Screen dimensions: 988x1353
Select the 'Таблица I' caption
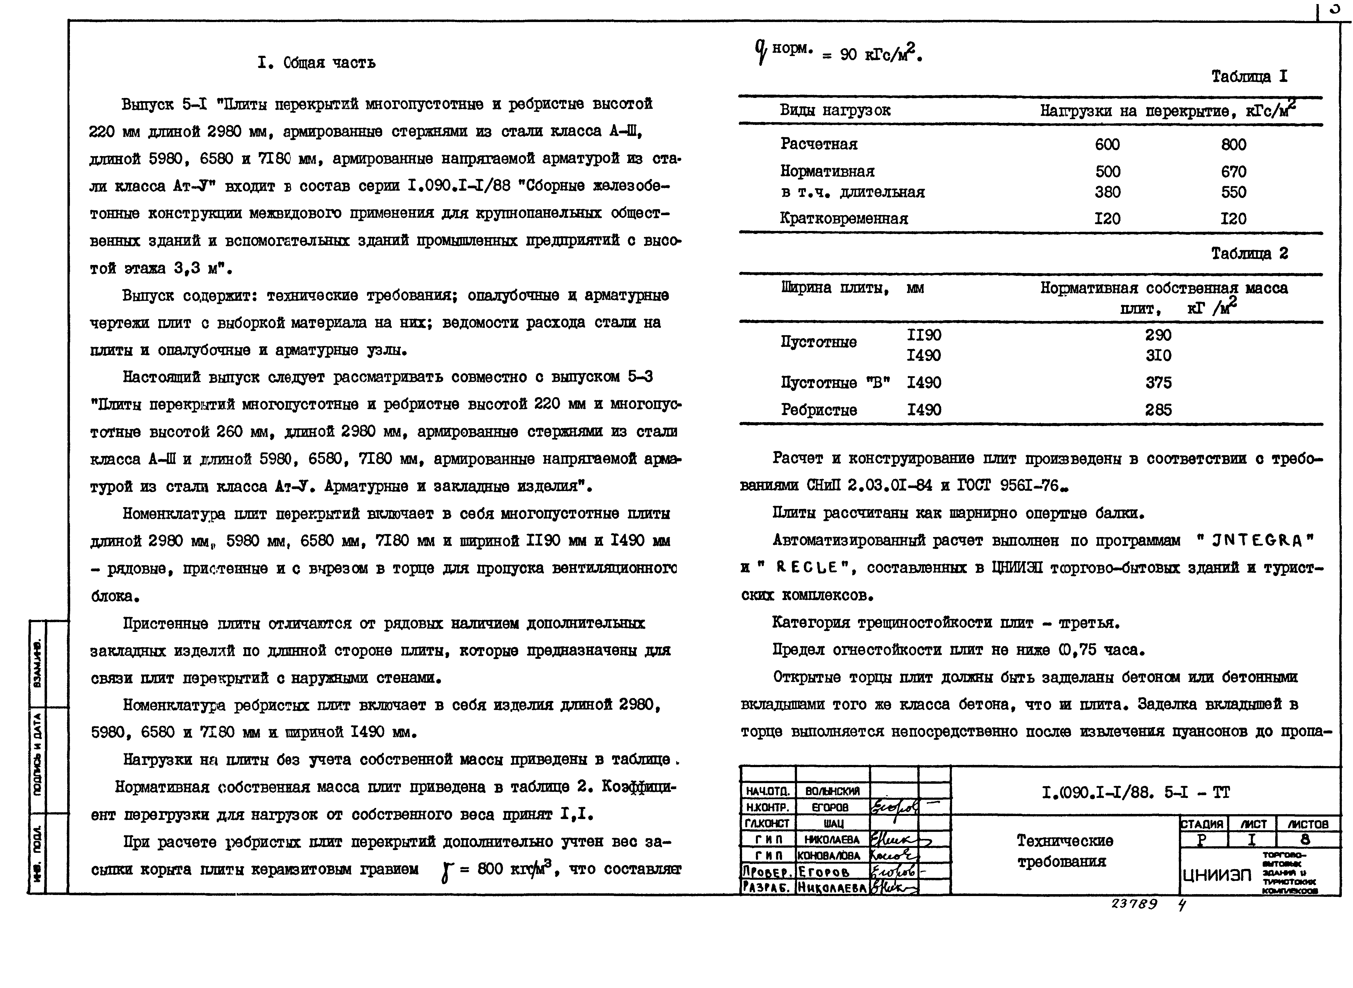point(1249,76)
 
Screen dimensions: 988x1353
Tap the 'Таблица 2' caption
point(1249,254)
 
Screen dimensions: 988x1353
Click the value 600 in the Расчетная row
point(1107,145)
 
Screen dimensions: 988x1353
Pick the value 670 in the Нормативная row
point(1233,172)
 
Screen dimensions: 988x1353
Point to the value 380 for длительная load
point(1107,193)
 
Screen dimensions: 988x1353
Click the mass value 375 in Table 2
point(1158,383)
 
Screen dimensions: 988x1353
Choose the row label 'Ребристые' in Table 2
point(818,410)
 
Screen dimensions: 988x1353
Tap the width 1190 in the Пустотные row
point(924,335)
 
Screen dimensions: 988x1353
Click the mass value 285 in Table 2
point(1158,410)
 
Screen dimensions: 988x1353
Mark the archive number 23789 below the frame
point(1133,904)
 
